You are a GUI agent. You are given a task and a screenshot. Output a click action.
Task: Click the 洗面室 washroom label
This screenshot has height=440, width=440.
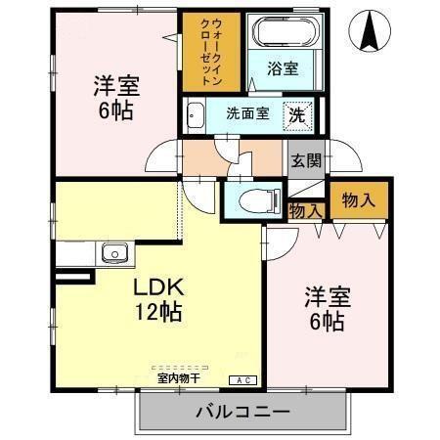tap(247, 113)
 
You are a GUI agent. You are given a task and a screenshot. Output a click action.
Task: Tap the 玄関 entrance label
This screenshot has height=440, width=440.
tap(304, 160)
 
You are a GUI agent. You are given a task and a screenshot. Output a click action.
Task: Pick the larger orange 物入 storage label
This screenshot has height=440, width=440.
tap(358, 200)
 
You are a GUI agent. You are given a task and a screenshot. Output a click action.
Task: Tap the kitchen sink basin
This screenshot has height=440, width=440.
tap(113, 253)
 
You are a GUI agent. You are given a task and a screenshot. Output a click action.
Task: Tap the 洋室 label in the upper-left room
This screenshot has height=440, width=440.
tap(116, 85)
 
